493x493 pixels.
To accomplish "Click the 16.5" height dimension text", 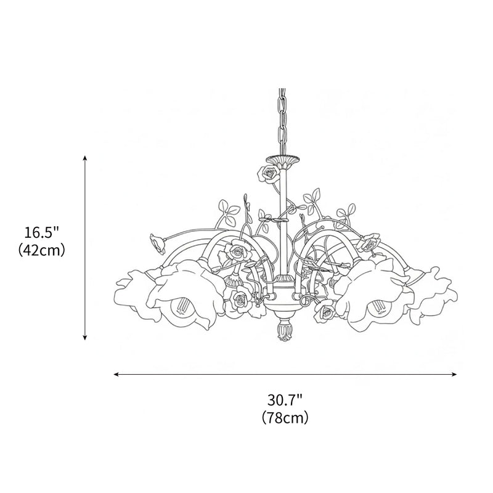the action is tap(41, 233).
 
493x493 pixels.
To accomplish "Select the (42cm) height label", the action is tap(41, 251).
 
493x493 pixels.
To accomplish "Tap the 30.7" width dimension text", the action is tap(285, 400).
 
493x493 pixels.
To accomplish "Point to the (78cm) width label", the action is tap(285, 418).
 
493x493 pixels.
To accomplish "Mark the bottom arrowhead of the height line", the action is tap(84, 338).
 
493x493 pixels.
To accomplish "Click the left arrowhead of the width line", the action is tap(116, 374).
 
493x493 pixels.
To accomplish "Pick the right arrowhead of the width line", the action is tap(454, 374).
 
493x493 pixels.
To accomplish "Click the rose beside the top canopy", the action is tap(268, 174).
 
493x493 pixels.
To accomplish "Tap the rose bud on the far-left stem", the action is tap(158, 243).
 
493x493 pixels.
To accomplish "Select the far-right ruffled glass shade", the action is tap(433, 296).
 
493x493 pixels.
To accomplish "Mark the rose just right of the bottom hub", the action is tap(324, 312).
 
